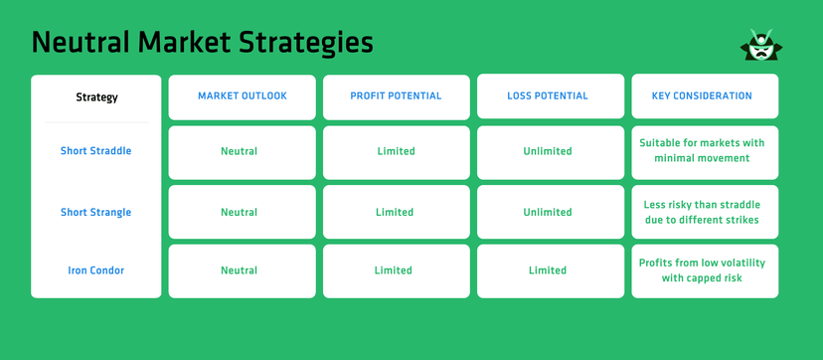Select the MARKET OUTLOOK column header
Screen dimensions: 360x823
pyautogui.click(x=242, y=96)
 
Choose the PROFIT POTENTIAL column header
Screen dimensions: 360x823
pyautogui.click(x=396, y=96)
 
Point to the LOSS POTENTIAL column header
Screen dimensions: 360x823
pyautogui.click(x=547, y=96)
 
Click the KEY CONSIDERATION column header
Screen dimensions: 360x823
pyautogui.click(x=704, y=96)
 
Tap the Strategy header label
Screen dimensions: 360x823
pyautogui.click(x=96, y=97)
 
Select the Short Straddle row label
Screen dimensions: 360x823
pyautogui.click(x=95, y=151)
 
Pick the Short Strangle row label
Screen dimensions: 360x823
pyautogui.click(x=95, y=212)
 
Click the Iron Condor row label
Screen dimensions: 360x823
pyautogui.click(x=95, y=270)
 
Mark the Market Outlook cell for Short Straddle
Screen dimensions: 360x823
pyautogui.click(x=239, y=151)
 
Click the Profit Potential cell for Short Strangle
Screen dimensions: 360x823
pyautogui.click(x=395, y=212)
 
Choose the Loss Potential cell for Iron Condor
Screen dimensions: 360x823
pyautogui.click(x=548, y=270)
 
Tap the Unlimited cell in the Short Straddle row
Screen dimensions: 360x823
pyautogui.click(x=548, y=151)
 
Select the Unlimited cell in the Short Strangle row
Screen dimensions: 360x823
pyautogui.click(x=548, y=212)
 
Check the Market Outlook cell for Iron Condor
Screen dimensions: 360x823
pyautogui.click(x=239, y=270)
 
